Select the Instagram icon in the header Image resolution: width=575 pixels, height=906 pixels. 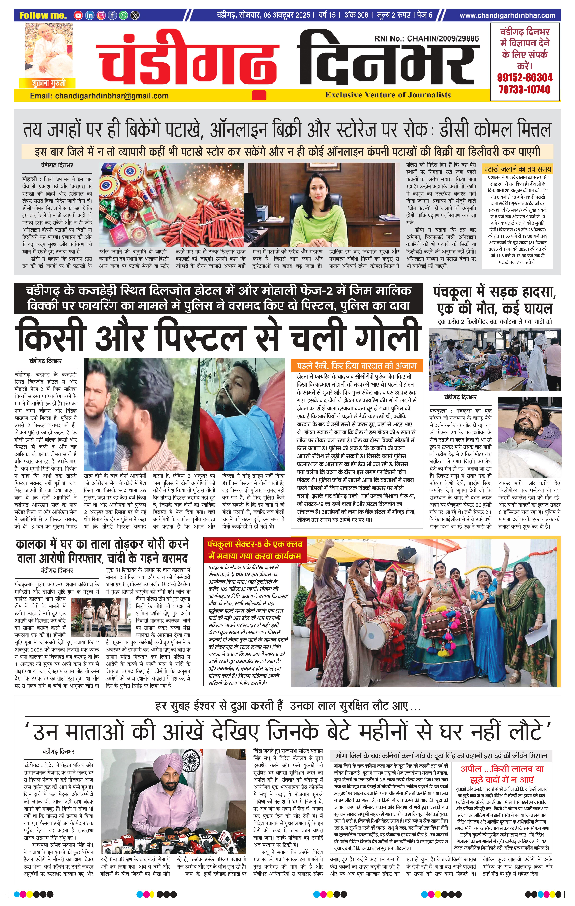[x=101, y=15]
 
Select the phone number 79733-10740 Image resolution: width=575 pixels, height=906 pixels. [x=525, y=90]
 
